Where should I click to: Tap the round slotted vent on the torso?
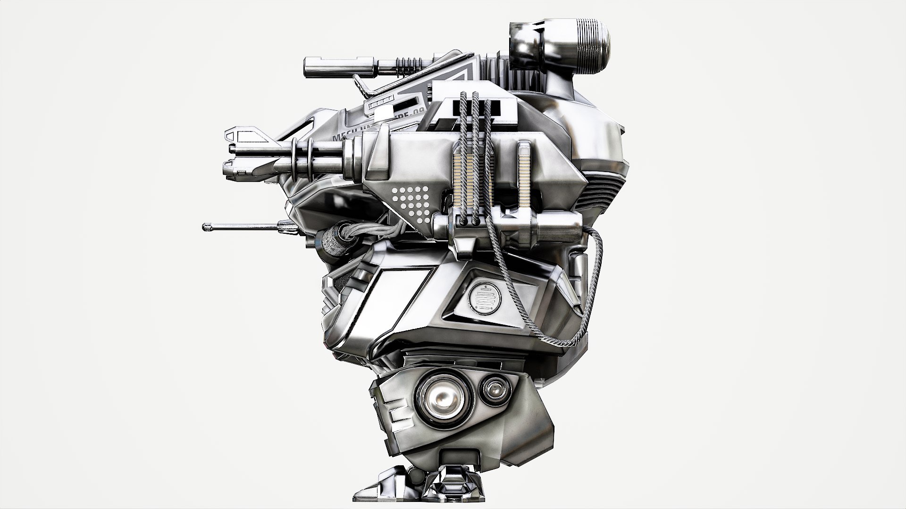click(x=483, y=297)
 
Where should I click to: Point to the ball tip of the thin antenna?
click(x=206, y=228)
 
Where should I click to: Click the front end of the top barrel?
click(x=308, y=67)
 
